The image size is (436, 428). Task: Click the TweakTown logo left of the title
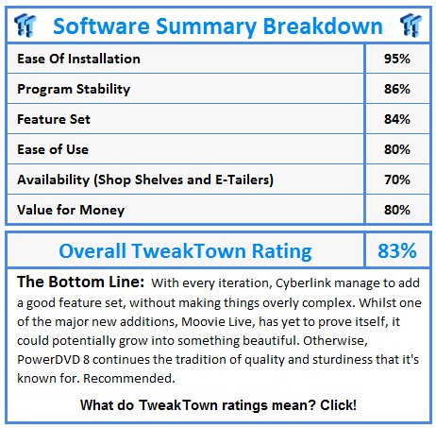coord(25,26)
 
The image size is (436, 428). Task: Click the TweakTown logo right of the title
coord(411,26)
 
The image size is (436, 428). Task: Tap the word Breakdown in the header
coord(323,26)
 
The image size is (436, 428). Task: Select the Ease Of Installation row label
coord(78,59)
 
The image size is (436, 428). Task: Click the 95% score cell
coord(397,59)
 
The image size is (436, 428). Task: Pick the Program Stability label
coord(74,89)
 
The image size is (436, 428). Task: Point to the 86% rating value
coord(397,89)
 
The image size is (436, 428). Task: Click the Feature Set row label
coord(54,119)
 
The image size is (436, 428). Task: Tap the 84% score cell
coord(397,119)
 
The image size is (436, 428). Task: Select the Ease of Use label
coord(53,149)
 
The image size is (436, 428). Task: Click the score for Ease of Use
coord(397,149)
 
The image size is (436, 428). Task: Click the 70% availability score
coord(397,180)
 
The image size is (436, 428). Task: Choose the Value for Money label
coord(71,210)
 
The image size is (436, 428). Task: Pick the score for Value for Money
coord(397,210)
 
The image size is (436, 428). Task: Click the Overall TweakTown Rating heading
coord(185,251)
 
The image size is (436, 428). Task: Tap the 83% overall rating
coord(397,251)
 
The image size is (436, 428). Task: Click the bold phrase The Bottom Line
coord(81,282)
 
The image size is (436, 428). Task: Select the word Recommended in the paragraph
coord(129,378)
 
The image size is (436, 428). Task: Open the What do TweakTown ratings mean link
coord(218,405)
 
